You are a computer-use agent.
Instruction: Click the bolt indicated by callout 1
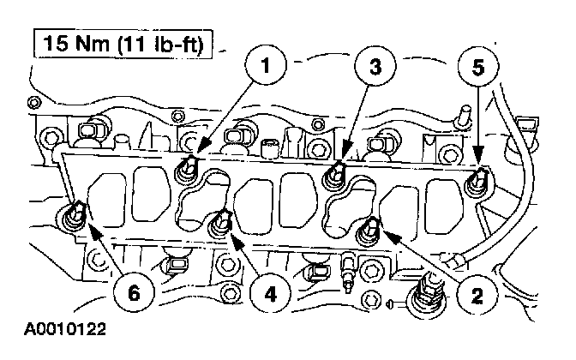[186, 168]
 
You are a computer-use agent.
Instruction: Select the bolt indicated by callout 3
[333, 174]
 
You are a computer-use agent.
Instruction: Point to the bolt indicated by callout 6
[75, 214]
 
